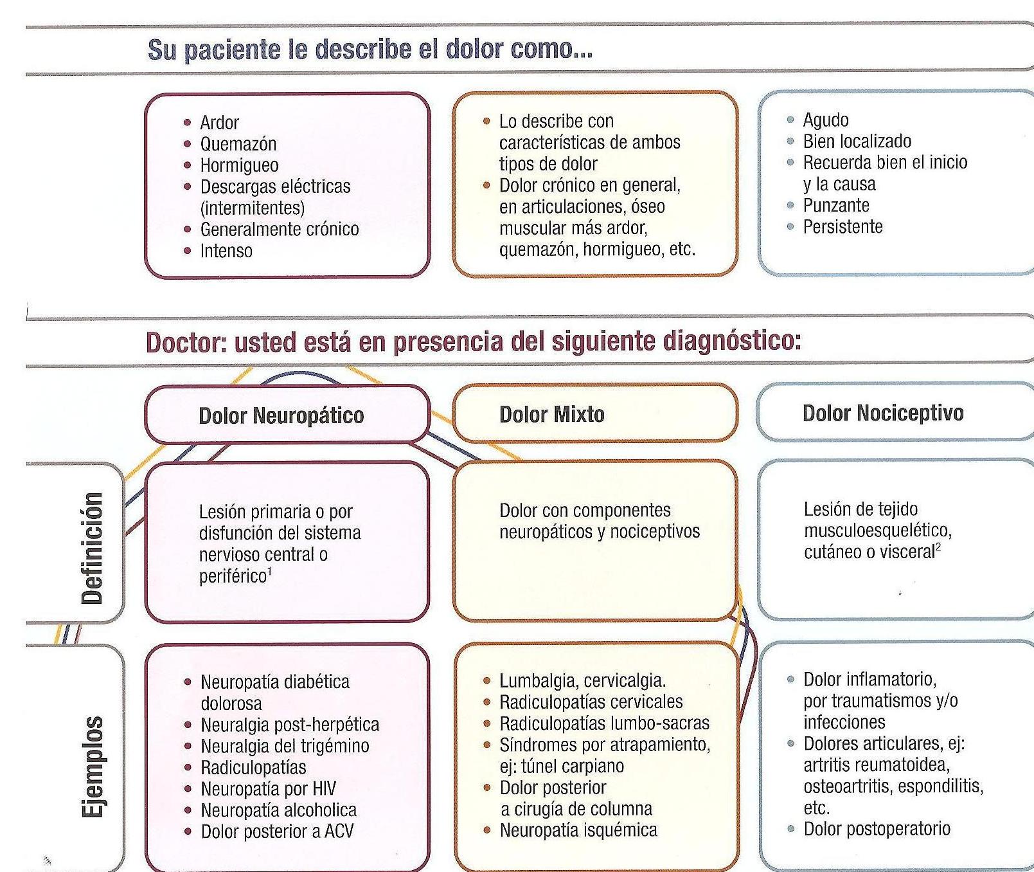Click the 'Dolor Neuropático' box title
281,415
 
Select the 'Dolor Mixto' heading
551,414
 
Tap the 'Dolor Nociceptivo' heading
882,413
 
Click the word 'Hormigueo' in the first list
239,165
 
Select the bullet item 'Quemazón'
238,143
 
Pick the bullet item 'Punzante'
835,205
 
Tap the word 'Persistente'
842,226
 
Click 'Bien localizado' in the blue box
857,141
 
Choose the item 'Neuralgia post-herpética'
289,725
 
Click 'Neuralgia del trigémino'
285,746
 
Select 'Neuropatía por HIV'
268,788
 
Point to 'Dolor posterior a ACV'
277,831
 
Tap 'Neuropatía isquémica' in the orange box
578,830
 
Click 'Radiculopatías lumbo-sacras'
604,723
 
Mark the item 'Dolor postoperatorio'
877,828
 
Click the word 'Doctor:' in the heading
186,342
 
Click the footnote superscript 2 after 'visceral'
938,547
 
